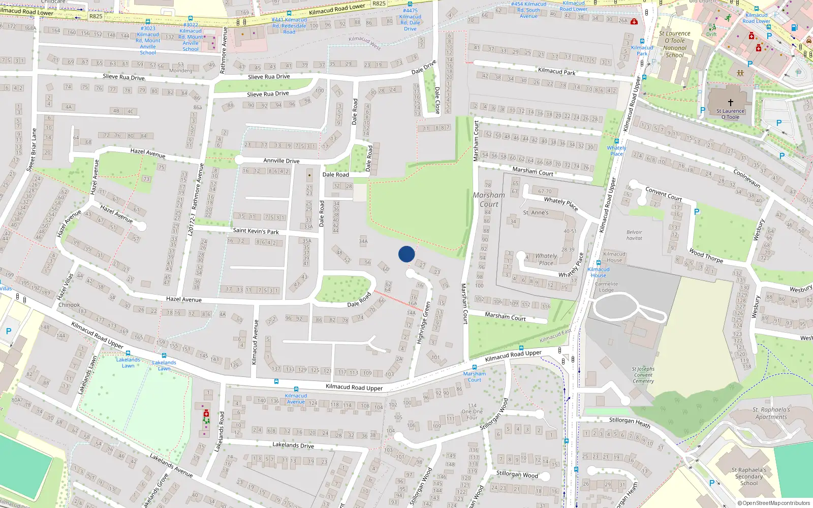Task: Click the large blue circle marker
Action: click(x=407, y=254)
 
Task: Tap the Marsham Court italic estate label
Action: click(x=489, y=200)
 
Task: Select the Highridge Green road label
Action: click(x=423, y=323)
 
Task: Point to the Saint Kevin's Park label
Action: click(x=256, y=231)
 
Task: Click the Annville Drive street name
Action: click(x=281, y=161)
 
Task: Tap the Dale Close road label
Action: click(x=437, y=100)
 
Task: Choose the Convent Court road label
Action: click(x=663, y=194)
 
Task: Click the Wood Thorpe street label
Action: click(x=706, y=256)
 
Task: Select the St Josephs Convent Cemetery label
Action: click(x=643, y=375)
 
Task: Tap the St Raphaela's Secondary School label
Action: click(x=748, y=477)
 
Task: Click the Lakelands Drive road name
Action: click(x=293, y=445)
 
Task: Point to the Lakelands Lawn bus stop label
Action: click(x=128, y=362)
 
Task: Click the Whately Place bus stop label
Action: click(x=616, y=150)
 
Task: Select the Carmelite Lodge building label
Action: click(x=606, y=287)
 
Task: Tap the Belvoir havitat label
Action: click(x=634, y=235)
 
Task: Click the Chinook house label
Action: click(x=69, y=305)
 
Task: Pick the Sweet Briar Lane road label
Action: click(x=32, y=150)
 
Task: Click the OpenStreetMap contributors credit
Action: click(x=776, y=503)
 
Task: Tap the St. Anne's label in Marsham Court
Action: click(x=536, y=212)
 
